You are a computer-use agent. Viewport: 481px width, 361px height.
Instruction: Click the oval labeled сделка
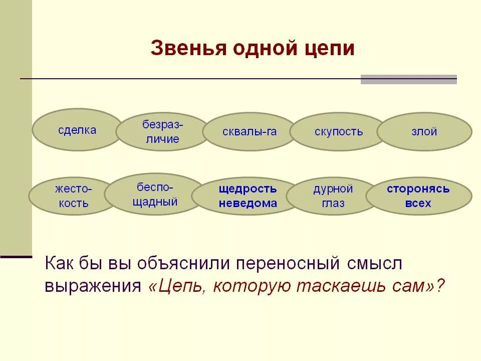click(x=77, y=130)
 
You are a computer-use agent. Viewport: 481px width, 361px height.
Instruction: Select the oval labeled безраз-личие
click(x=162, y=132)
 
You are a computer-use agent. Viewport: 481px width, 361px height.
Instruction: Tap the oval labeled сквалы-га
click(x=250, y=132)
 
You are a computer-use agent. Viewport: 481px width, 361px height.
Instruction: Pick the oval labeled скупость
click(x=338, y=132)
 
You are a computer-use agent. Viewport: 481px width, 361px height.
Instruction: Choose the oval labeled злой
click(x=424, y=132)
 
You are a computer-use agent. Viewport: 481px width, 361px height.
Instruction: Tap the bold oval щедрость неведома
click(x=248, y=196)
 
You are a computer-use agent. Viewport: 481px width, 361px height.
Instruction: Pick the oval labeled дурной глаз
click(x=333, y=196)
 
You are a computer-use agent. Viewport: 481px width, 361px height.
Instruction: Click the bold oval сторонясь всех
click(x=418, y=196)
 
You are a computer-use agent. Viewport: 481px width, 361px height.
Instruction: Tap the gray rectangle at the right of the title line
click(x=408, y=79)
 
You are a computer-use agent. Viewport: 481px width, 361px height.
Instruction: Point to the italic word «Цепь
click(x=178, y=286)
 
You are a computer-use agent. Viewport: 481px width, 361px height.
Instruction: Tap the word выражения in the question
click(x=93, y=286)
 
